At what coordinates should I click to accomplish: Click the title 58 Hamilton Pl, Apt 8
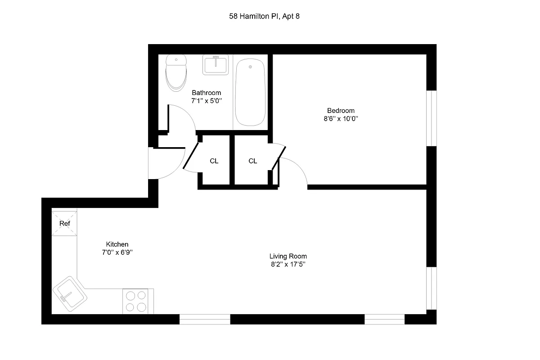coord(264,17)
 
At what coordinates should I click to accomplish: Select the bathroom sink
coord(216,65)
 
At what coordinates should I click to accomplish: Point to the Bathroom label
coord(206,93)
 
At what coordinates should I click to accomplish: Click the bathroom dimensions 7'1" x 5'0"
coord(206,102)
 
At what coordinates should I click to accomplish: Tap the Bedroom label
coord(341,111)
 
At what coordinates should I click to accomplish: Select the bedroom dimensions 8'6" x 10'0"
coord(341,119)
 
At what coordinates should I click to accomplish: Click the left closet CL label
coord(214,161)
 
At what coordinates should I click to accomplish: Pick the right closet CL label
coord(253,161)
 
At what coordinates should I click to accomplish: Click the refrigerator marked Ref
coord(65,223)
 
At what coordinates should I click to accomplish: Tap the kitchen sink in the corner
coord(70,295)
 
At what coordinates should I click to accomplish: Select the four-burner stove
coord(136,301)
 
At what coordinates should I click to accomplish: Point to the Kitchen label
coord(117,244)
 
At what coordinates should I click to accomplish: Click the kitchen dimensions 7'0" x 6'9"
coord(117,253)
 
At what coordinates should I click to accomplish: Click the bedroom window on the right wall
coord(432,118)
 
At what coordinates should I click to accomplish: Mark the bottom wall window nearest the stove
coord(205,319)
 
